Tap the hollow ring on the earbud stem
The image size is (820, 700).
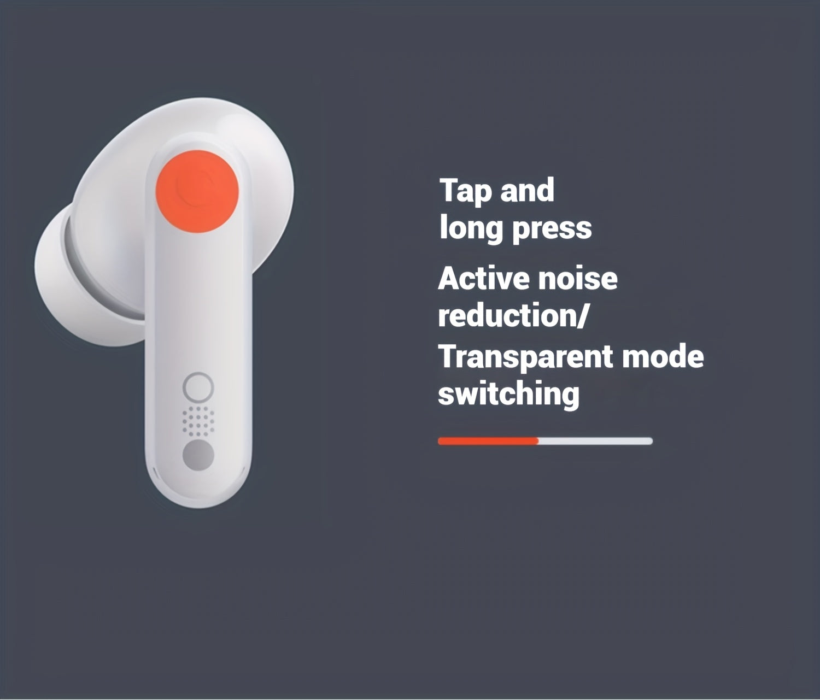pyautogui.click(x=198, y=388)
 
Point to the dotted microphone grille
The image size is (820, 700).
pyautogui.click(x=198, y=421)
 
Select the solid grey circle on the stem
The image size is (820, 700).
pyautogui.click(x=198, y=456)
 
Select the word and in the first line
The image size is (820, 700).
pyautogui.click(x=528, y=190)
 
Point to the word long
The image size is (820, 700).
pyautogui.click(x=470, y=228)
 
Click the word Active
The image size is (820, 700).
pyautogui.click(x=483, y=279)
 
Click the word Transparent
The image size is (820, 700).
pyautogui.click(x=525, y=357)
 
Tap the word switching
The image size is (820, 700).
pyautogui.click(x=508, y=393)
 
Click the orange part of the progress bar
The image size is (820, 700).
pyautogui.click(x=488, y=441)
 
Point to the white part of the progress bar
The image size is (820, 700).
pyautogui.click(x=596, y=441)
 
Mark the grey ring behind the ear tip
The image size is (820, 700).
pyautogui.click(x=90, y=273)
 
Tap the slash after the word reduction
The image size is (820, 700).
pyautogui.click(x=582, y=317)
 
